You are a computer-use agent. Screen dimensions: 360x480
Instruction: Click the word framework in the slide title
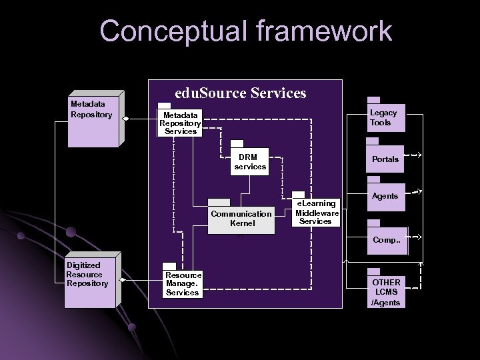(x=319, y=31)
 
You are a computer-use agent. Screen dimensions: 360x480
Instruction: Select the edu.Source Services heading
(x=240, y=93)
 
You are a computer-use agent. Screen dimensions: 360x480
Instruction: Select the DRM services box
(x=250, y=162)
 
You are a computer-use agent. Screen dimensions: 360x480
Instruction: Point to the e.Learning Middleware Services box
(x=316, y=212)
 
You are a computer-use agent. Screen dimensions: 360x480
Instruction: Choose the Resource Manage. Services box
(x=182, y=283)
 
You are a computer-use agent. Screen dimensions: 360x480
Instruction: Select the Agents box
(x=385, y=197)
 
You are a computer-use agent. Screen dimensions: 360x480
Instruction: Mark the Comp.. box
(x=385, y=239)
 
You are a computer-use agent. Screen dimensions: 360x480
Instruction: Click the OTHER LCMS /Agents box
(x=385, y=292)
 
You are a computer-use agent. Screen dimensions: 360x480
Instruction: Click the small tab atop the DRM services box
(x=237, y=144)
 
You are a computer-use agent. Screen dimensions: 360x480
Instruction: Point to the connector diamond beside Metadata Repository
(x=126, y=119)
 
